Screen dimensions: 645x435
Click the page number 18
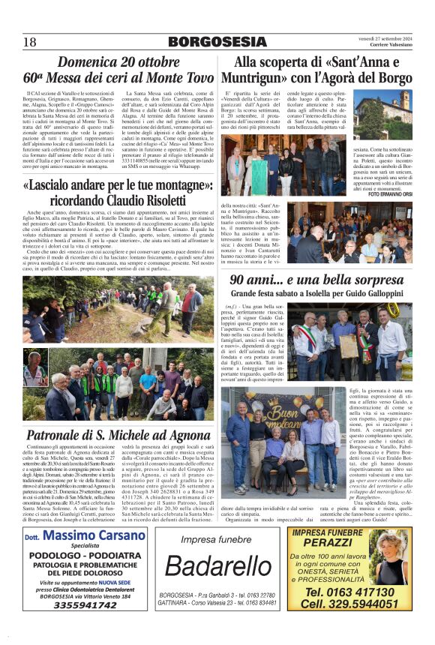[x=30, y=42]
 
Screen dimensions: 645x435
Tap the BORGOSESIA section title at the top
[x=217, y=42]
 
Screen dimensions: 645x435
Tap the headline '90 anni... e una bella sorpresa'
[x=318, y=280]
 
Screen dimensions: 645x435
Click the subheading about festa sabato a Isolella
[x=317, y=294]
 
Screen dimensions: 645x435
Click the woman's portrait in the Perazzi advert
[x=392, y=558]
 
